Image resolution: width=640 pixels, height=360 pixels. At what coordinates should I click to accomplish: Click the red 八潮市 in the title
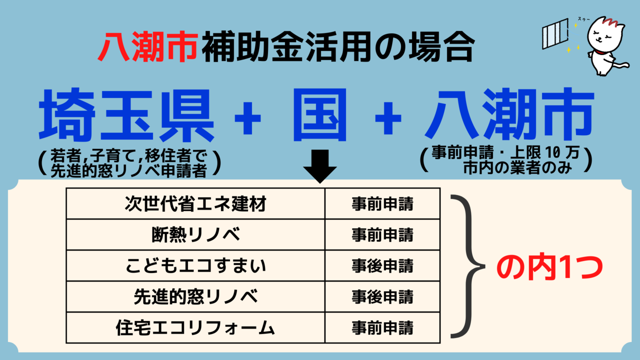click(147, 46)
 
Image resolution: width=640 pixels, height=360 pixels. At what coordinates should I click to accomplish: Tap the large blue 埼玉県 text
click(126, 115)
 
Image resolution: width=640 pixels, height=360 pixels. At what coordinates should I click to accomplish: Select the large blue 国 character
click(319, 114)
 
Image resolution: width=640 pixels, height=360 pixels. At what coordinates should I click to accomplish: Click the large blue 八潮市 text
click(509, 114)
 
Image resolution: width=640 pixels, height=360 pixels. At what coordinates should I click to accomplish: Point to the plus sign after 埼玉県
click(247, 118)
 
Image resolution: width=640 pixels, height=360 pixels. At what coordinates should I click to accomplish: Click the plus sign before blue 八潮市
click(388, 118)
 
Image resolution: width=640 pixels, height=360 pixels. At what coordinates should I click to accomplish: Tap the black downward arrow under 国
click(320, 166)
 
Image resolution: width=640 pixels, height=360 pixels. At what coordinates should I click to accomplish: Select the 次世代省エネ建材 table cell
click(195, 203)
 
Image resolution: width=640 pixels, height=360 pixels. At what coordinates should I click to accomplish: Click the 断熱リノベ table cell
click(195, 235)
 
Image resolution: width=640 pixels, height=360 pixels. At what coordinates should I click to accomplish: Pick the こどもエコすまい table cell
click(195, 265)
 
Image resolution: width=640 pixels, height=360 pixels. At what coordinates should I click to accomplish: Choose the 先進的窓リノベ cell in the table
click(195, 296)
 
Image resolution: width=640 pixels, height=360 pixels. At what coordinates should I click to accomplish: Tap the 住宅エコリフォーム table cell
click(195, 327)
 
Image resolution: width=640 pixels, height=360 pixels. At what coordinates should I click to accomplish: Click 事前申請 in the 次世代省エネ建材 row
click(382, 203)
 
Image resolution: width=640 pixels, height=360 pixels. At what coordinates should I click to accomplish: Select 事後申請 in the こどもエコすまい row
click(382, 265)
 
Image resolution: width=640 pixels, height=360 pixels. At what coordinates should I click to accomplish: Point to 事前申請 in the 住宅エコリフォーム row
click(382, 327)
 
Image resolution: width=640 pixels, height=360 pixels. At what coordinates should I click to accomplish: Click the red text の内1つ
click(549, 267)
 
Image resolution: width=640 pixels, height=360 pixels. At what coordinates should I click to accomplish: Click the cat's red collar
click(603, 52)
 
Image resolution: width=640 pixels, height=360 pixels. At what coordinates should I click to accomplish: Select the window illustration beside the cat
click(555, 33)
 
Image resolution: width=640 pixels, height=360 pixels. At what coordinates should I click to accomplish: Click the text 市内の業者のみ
click(517, 167)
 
